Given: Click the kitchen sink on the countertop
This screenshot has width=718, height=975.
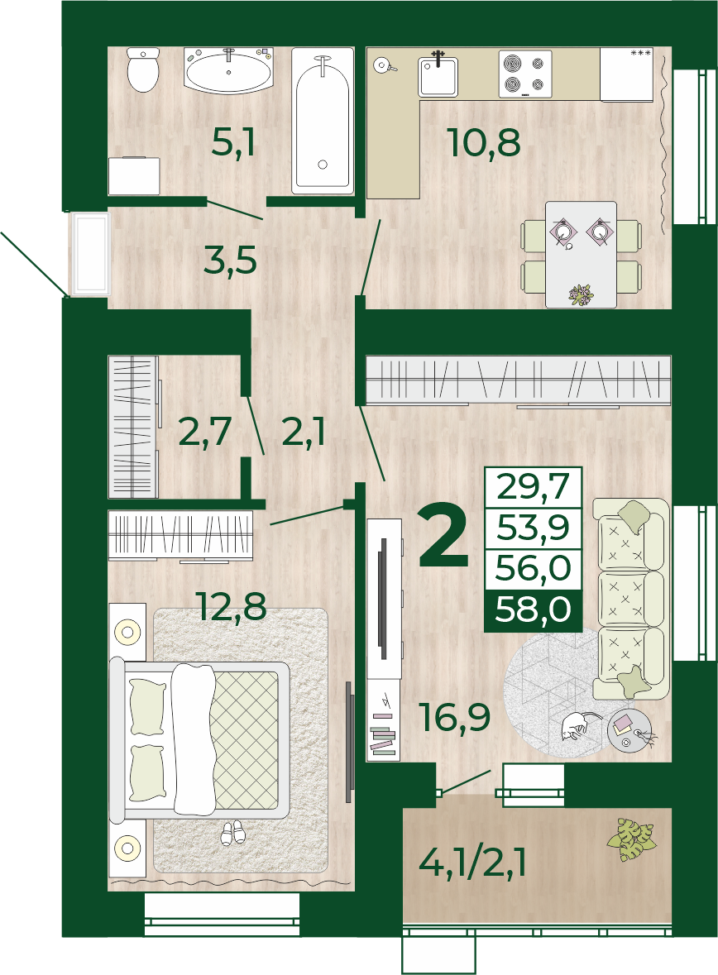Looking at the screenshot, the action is tap(438, 76).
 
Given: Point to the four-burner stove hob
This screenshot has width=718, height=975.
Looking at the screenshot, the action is tap(525, 74).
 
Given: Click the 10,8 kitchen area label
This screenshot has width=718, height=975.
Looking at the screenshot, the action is tap(484, 142).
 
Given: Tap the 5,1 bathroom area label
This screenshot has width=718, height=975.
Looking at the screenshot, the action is tap(233, 142).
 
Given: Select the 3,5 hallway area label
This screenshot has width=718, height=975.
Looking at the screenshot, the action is tap(230, 260).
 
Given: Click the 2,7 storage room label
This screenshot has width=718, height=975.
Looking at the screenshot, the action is tap(204, 432).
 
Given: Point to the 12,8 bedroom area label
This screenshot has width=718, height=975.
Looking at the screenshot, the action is tap(231, 606).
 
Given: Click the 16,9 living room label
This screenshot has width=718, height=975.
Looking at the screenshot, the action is tap(455, 716).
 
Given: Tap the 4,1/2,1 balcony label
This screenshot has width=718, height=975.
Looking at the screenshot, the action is tap(473, 863).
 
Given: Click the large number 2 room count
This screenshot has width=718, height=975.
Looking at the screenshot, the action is tap(443, 536).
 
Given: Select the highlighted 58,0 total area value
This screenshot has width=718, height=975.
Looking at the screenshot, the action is tap(533, 609).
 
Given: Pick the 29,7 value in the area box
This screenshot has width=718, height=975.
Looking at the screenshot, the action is tap(533, 486).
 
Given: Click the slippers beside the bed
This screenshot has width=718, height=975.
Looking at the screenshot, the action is tap(233, 832).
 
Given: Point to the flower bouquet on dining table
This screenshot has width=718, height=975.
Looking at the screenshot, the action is tap(581, 294).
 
